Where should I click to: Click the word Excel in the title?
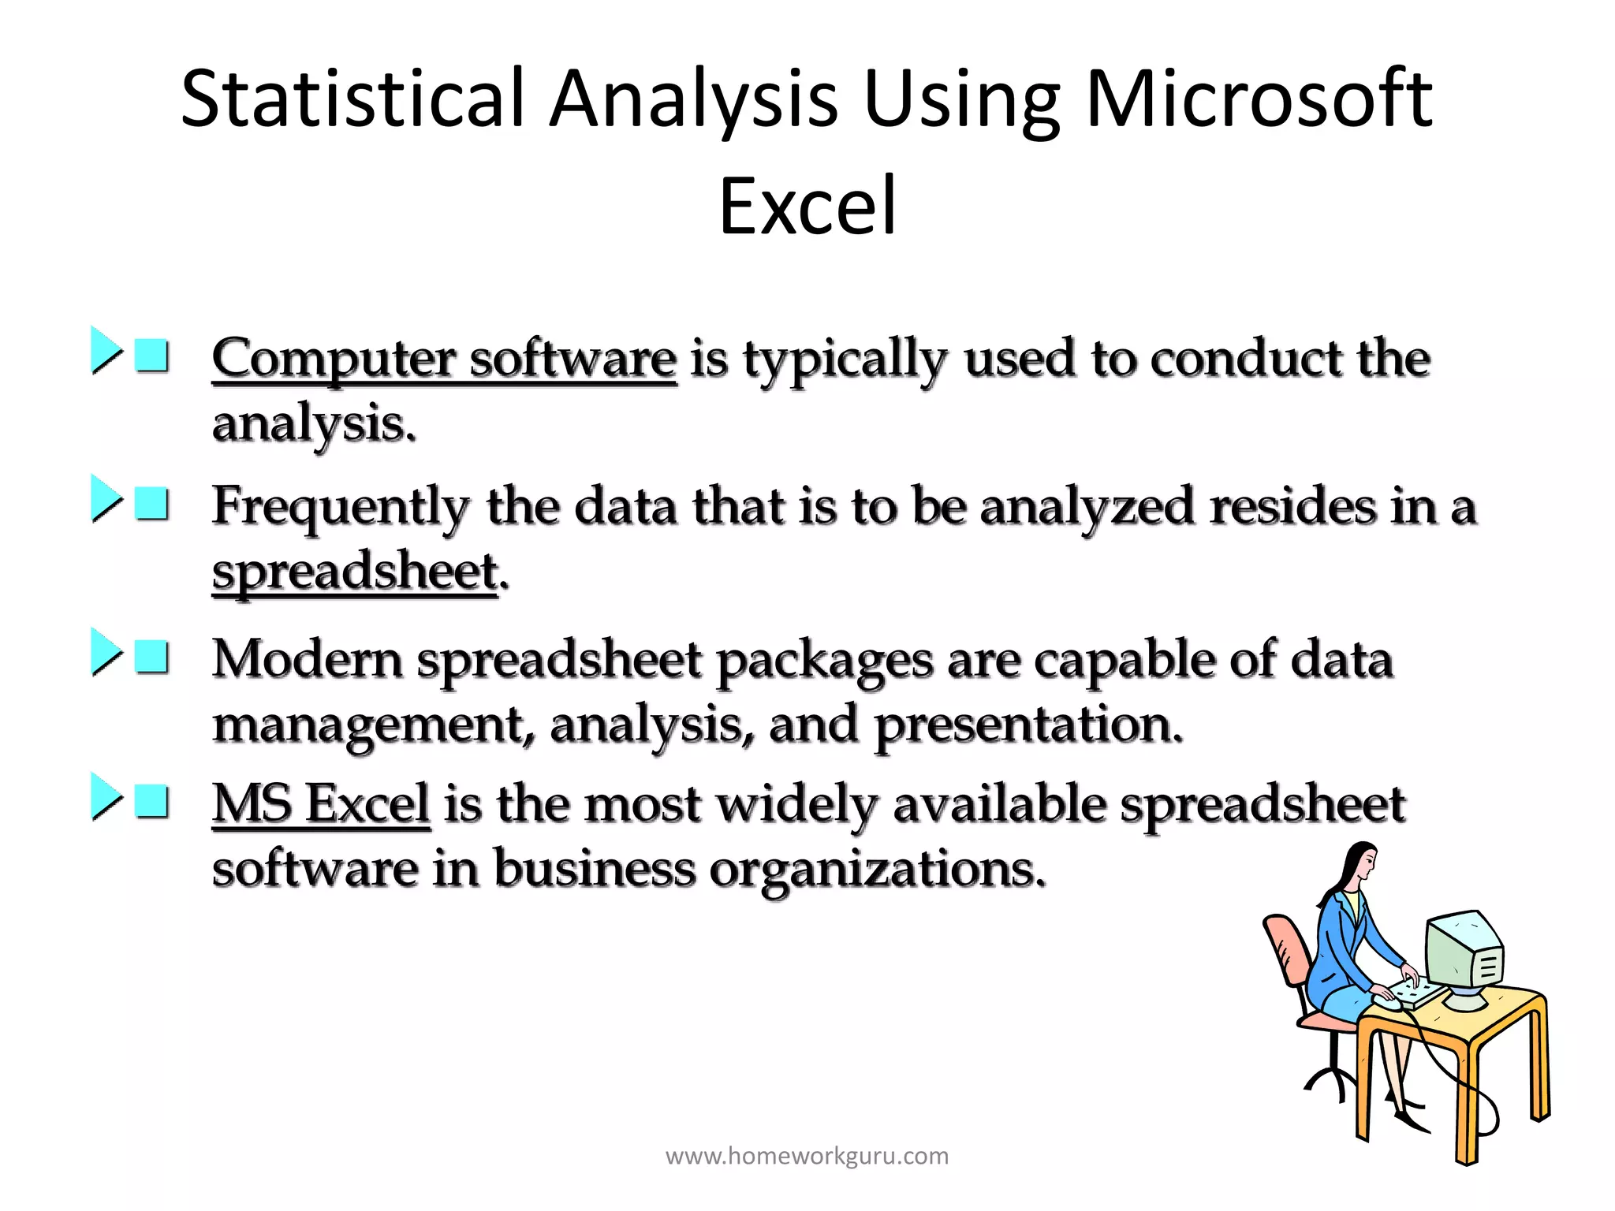tap(807, 207)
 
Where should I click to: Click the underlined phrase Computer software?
tap(444, 360)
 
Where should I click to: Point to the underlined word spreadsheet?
tap(355, 572)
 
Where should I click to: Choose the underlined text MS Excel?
tap(321, 805)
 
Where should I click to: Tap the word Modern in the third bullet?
tap(307, 659)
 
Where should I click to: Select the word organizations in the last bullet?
tap(877, 870)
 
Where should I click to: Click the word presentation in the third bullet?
tap(1028, 725)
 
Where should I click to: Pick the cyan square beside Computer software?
tap(151, 356)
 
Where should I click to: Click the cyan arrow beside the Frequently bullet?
tap(105, 499)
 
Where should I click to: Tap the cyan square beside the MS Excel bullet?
tap(151, 801)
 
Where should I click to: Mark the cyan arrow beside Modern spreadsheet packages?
tap(105, 652)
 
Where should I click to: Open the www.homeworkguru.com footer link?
tap(807, 1157)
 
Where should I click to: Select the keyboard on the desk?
tap(1415, 993)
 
